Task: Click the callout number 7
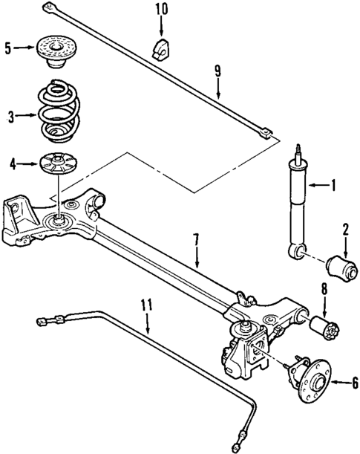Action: [197, 240]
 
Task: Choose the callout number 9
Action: [218, 72]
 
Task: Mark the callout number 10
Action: [162, 10]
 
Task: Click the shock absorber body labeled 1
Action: [298, 204]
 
